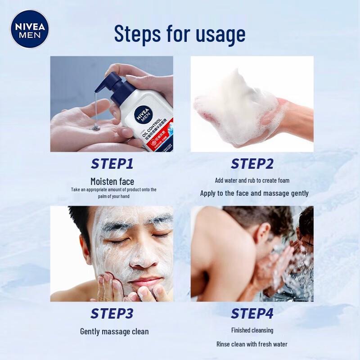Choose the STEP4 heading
point(252,314)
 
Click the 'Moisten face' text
point(112,182)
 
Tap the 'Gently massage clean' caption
point(114,332)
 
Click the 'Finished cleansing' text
point(252,330)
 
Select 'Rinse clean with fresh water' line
point(252,344)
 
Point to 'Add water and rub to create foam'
point(252,180)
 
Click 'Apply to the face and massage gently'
point(254,193)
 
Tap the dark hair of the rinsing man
point(261,218)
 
